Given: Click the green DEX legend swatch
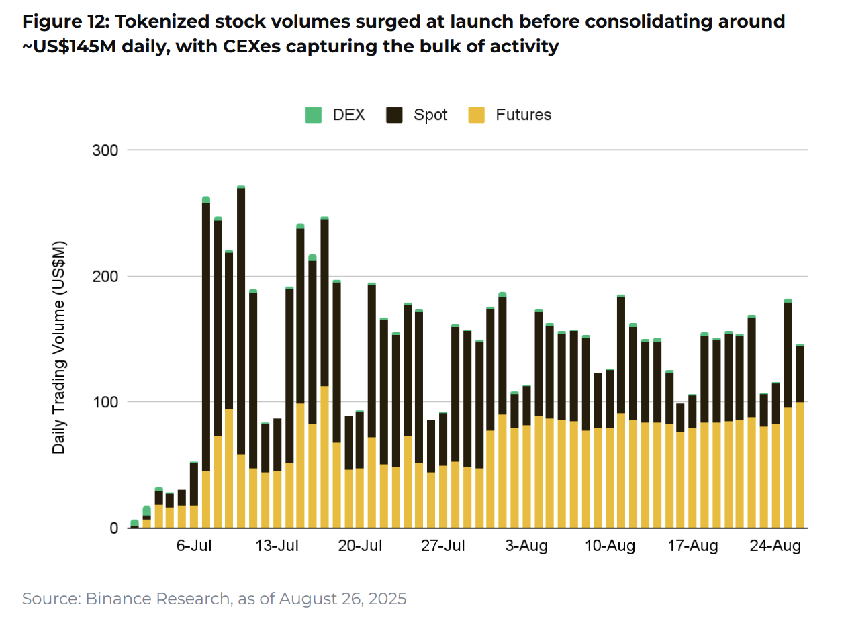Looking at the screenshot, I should click(x=314, y=115).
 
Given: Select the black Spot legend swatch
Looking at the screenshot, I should click(x=394, y=115).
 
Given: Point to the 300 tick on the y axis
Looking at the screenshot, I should click(x=105, y=150).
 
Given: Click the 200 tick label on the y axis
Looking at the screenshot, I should click(x=105, y=277).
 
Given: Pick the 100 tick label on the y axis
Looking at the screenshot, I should click(x=105, y=402).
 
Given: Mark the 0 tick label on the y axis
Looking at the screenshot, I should click(x=113, y=528).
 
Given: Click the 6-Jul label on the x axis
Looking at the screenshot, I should click(x=194, y=546).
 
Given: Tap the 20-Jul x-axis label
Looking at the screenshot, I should click(x=360, y=546).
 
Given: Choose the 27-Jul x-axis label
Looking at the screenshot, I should click(x=443, y=546).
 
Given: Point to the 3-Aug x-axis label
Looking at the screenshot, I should click(x=526, y=546).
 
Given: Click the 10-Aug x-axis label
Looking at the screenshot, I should click(x=610, y=546).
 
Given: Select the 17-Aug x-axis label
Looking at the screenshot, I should click(x=693, y=546).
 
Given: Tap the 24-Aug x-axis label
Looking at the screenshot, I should click(x=776, y=546).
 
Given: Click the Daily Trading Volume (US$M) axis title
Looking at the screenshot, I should click(x=59, y=347).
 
